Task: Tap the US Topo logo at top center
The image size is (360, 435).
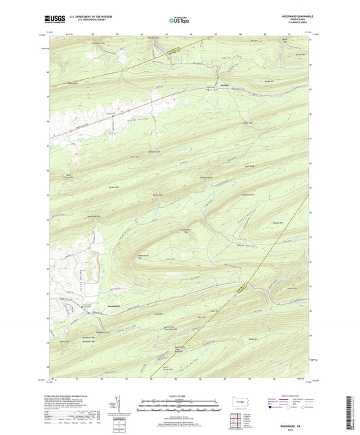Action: [177, 20]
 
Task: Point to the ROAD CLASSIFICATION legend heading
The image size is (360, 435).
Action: [280, 396]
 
